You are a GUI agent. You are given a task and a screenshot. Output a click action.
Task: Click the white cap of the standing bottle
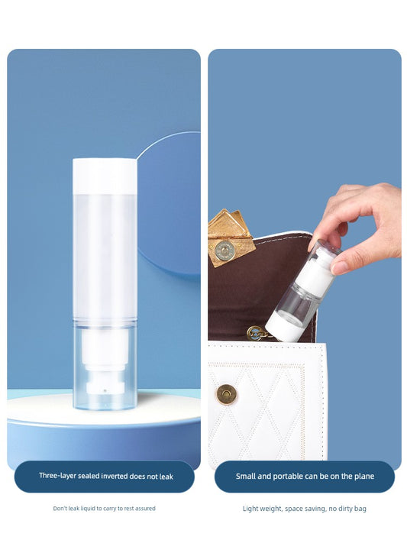[105, 176]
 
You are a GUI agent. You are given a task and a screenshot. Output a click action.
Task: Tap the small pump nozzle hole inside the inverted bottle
[105, 390]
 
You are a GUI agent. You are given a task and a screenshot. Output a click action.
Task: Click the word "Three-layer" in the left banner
[57, 476]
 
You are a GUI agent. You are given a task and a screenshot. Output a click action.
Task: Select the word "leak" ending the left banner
[166, 477]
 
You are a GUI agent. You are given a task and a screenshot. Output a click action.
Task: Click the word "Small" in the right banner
[246, 476]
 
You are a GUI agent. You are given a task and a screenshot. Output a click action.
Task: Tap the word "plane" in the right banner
[364, 476]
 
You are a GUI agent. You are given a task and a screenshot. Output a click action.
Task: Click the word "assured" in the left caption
[145, 509]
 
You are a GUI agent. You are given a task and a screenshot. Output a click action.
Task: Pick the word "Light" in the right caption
[250, 509]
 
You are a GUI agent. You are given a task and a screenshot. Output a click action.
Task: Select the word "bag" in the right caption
[360, 509]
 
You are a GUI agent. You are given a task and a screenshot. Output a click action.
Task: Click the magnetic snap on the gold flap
[224, 250]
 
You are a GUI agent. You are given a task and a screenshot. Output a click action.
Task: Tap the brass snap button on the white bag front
[227, 394]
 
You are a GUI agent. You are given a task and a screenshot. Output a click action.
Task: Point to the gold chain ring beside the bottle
[255, 334]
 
